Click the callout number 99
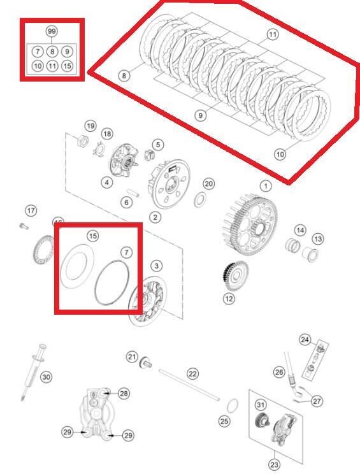52,31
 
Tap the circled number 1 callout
264,186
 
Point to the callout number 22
192,373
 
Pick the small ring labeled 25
233,405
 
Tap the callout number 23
274,465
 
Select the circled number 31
261,405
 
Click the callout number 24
305,340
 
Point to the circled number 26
278,371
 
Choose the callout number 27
317,401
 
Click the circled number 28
124,394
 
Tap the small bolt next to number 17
24,225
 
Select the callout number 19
90,126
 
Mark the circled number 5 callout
157,145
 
